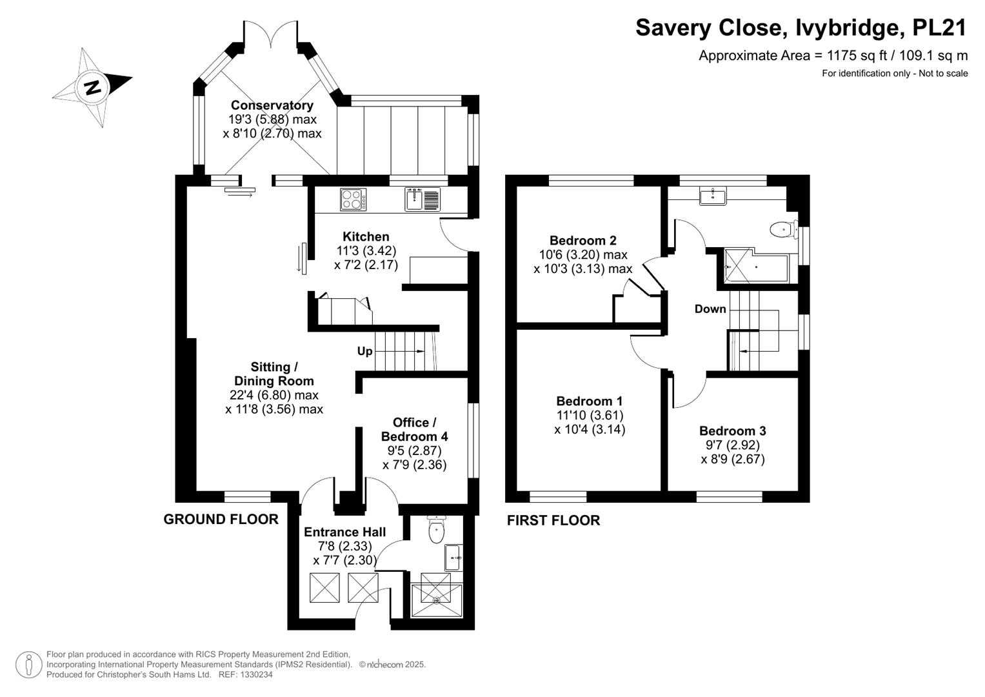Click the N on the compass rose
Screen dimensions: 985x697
[93, 88]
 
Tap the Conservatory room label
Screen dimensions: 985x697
[272, 105]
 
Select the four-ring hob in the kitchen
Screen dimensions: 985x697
[353, 199]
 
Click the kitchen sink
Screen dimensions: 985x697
[422, 199]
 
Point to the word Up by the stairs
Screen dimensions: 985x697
[364, 351]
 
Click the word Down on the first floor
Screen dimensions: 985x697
[710, 309]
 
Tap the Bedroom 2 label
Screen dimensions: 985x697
[583, 241]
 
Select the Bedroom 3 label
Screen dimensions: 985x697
[733, 431]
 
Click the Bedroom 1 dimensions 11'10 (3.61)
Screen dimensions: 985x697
[590, 415]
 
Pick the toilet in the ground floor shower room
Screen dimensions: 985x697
[436, 530]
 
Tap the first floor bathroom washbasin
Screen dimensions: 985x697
[713, 196]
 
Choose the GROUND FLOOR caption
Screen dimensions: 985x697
[221, 520]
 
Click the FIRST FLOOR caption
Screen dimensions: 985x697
[553, 520]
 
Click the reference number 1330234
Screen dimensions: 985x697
[255, 674]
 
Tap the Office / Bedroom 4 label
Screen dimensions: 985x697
[414, 429]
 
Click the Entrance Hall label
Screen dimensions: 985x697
[344, 532]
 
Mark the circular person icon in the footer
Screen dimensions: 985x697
[29, 665]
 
